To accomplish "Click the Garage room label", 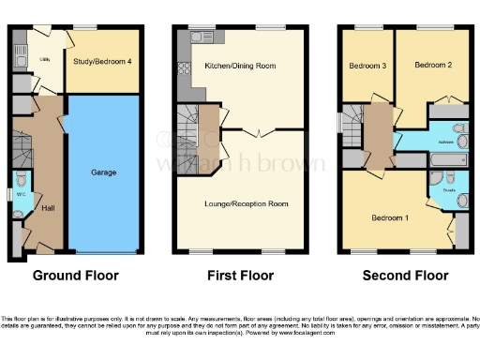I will [103, 173].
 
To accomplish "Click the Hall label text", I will [47, 208].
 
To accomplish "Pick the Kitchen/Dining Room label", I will [240, 66].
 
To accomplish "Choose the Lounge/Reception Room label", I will [247, 203].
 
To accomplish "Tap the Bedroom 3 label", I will [367, 66].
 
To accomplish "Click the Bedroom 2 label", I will [434, 65].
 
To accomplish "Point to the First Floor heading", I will [240, 276].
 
